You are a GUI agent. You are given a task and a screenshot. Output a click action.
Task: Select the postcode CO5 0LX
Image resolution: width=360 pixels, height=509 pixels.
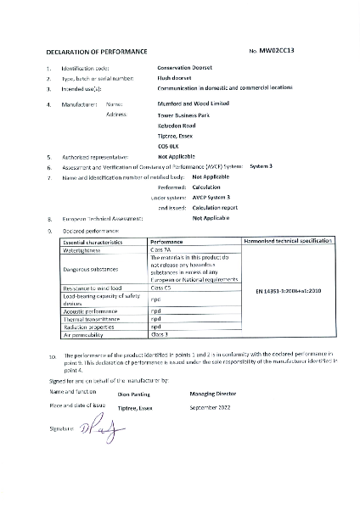tap(170, 147)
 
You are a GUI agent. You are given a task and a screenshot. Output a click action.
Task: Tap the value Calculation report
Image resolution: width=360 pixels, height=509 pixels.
tap(215, 206)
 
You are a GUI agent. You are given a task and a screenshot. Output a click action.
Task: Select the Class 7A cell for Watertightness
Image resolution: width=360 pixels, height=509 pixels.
tap(161, 249)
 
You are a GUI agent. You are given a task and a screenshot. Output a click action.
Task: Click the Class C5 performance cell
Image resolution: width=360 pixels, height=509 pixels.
tap(161, 289)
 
